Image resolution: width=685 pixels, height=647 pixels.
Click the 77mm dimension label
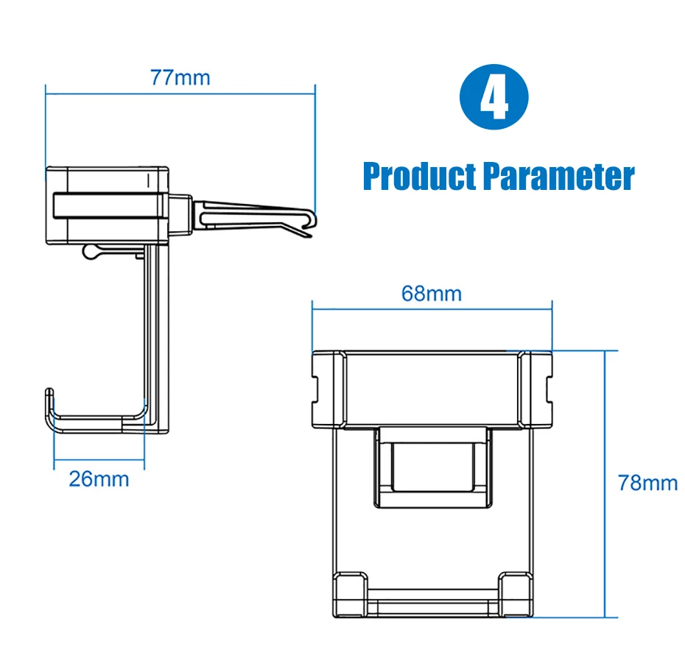180,78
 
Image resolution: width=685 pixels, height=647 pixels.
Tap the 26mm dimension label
99,479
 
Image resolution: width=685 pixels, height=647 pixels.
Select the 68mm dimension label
432,294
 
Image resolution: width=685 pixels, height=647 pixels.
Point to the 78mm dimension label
648,483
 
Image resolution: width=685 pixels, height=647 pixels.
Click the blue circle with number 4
494,96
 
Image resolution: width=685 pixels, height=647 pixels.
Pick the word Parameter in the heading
559,177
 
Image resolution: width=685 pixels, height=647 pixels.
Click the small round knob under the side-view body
90,252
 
